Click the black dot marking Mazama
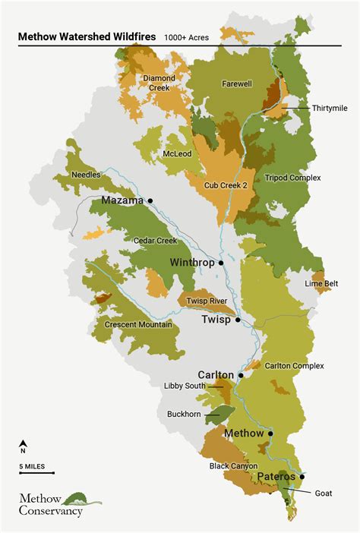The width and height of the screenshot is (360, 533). tap(150, 200)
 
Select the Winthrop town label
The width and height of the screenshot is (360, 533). tap(191, 263)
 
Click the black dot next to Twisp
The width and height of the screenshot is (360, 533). tap(238, 320)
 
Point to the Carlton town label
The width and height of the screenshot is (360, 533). tap(216, 375)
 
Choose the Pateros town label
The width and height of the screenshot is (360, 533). tap(279, 477)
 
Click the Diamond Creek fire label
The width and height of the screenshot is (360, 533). tap(159, 83)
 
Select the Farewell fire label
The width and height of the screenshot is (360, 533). tap(237, 84)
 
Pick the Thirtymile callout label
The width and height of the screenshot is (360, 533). tap(330, 108)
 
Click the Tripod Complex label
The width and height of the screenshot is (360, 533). tap(293, 178)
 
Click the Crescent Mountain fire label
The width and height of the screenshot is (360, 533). tap(138, 325)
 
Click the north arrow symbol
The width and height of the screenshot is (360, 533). tap(24, 445)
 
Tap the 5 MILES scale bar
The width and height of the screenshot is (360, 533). tap(36, 472)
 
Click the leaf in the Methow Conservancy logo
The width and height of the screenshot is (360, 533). tap(82, 498)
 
